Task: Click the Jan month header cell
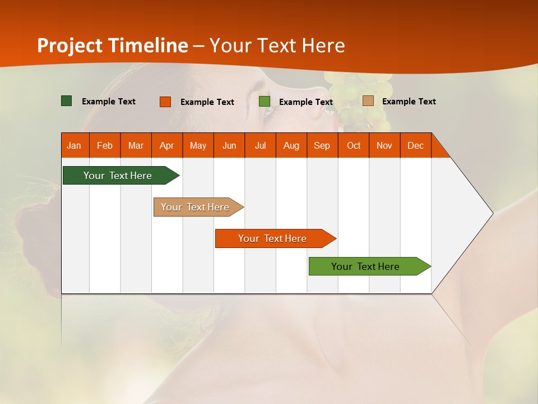pos(75,145)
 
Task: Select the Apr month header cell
pos(167,145)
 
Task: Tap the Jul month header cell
pos(260,145)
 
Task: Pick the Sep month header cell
pos(322,145)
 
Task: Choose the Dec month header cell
pos(415,145)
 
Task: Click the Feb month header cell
pos(105,145)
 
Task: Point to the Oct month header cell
pos(354,145)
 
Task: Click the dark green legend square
pos(67,101)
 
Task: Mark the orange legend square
pos(165,102)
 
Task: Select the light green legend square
pos(265,102)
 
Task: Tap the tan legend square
pos(368,101)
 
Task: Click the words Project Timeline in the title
pos(113,45)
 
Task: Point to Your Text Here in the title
pos(277,45)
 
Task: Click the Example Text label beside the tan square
pos(409,102)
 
